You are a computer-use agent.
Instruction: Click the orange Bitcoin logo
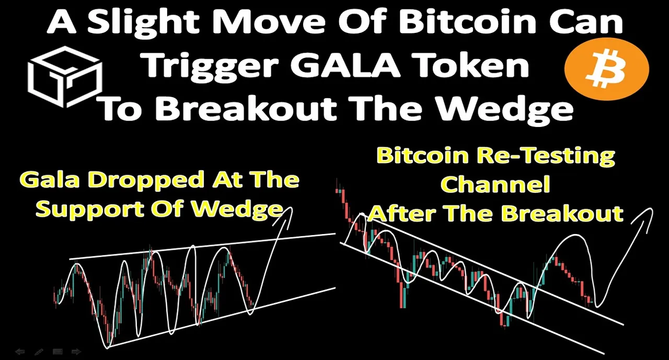607,69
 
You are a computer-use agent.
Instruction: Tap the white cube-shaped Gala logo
65,77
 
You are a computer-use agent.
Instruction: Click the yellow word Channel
495,184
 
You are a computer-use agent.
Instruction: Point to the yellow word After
402,214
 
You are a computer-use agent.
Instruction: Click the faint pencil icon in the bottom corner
39,352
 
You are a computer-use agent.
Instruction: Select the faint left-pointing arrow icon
20,352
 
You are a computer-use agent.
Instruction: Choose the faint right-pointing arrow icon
76,352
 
